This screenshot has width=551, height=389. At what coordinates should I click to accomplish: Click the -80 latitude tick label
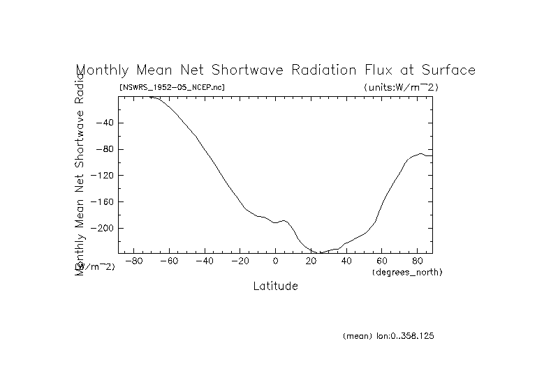[x=133, y=261]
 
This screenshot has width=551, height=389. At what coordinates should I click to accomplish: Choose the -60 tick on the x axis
[x=168, y=261]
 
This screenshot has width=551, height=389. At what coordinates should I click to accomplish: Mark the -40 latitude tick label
[x=204, y=261]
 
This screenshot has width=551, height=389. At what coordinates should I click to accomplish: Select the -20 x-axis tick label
[x=240, y=261]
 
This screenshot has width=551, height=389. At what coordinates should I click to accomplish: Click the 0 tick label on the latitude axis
[x=275, y=261]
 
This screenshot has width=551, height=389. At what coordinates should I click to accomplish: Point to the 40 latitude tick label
[x=346, y=261]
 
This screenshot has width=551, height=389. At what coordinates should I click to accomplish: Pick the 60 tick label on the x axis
[x=382, y=261]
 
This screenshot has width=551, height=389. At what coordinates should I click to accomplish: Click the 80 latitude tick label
[x=418, y=261]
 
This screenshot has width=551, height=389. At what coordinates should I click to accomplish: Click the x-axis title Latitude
[x=275, y=286]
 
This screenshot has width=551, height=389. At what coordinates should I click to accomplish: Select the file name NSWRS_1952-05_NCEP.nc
[x=172, y=87]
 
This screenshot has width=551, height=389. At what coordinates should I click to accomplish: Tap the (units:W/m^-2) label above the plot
[x=401, y=87]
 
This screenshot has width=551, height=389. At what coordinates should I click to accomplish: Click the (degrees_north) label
[x=407, y=271]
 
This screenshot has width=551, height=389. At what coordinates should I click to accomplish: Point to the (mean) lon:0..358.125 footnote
[x=389, y=336]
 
